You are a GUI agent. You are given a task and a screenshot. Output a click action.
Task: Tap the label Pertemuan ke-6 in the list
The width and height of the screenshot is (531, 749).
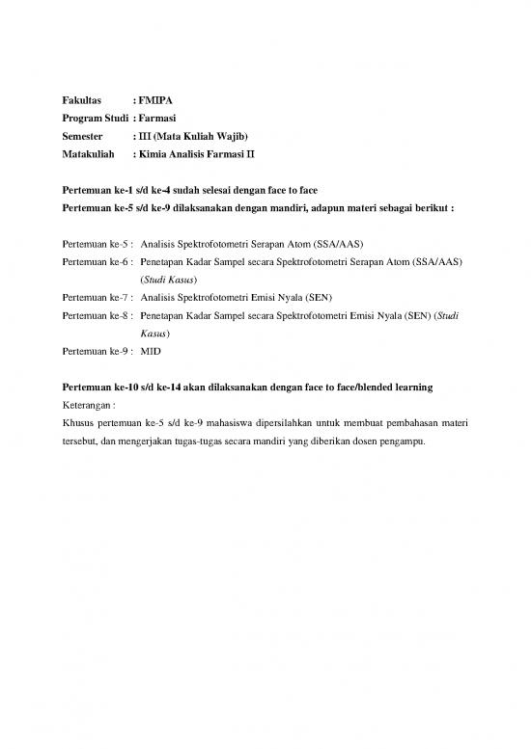pyautogui.click(x=97, y=261)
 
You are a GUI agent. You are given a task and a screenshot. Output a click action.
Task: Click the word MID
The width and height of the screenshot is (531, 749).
pyautogui.click(x=151, y=351)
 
